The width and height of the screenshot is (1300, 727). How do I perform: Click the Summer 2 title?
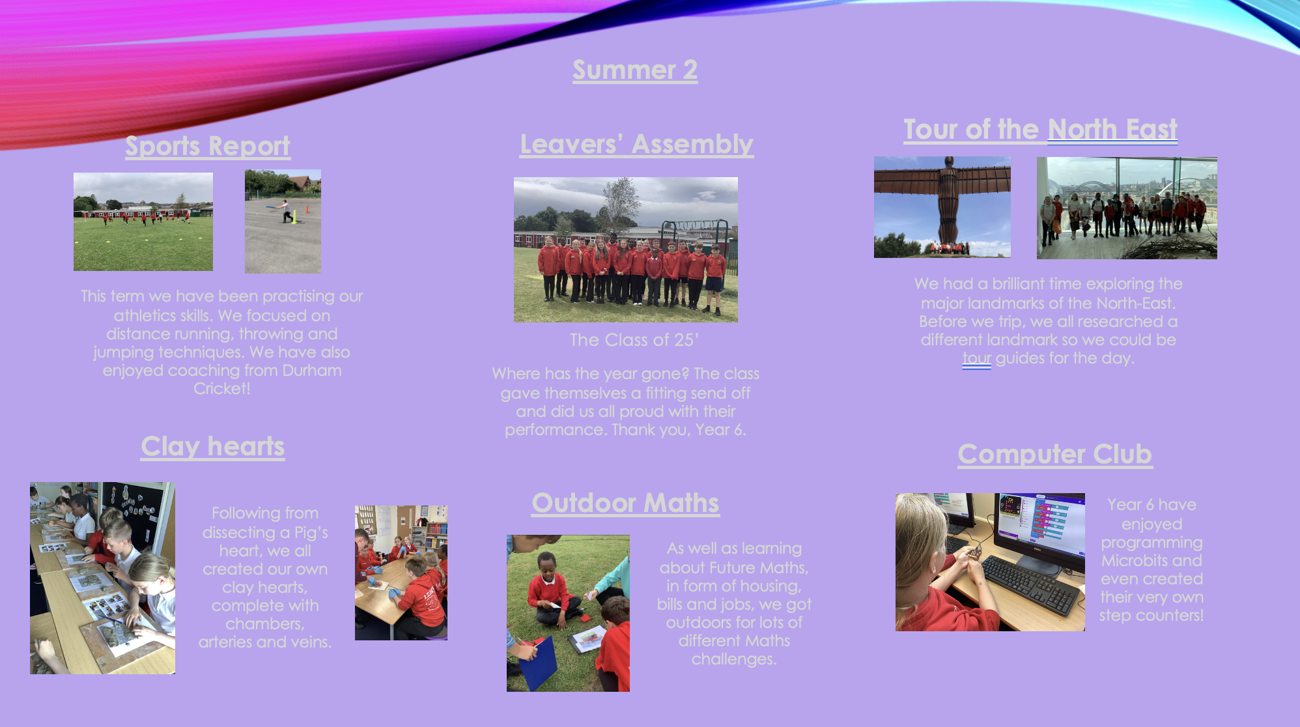click(635, 70)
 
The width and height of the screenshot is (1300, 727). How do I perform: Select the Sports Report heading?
click(208, 146)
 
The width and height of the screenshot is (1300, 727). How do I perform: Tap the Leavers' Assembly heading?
click(637, 144)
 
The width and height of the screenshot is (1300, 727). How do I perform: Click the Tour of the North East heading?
click(1041, 129)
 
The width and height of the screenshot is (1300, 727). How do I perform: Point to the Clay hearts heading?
click(213, 447)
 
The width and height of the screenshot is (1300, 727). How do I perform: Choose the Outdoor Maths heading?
click(626, 503)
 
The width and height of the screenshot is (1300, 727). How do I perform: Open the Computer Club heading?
click(1055, 454)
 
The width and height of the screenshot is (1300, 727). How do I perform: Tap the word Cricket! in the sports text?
click(222, 389)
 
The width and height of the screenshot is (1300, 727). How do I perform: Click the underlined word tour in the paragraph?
click(977, 358)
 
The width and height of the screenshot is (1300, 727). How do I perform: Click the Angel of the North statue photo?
click(942, 207)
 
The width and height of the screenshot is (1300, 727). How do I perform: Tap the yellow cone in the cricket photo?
click(294, 217)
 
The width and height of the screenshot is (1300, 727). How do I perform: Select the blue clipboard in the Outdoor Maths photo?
click(537, 663)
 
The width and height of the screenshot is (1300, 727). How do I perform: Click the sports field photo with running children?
click(143, 221)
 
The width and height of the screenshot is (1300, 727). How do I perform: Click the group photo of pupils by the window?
click(1127, 208)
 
